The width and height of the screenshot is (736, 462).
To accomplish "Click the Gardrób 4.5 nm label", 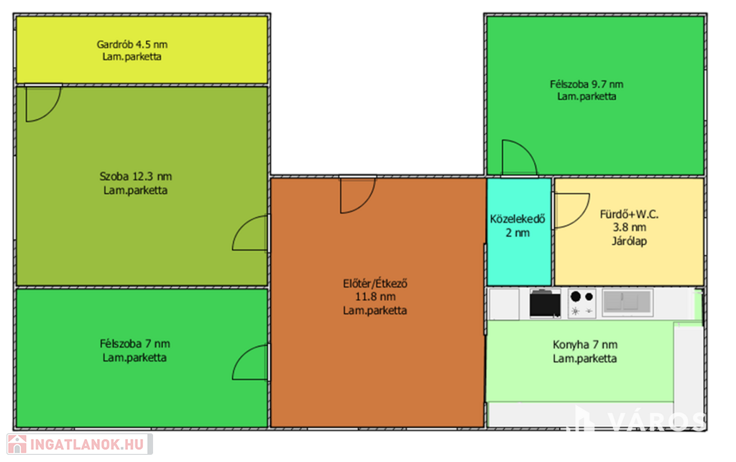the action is [132, 45].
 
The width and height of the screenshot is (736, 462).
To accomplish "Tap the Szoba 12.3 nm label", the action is [136, 176].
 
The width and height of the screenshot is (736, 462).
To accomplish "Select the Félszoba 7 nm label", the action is [134, 343].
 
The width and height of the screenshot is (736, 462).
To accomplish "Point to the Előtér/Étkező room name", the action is [375, 283].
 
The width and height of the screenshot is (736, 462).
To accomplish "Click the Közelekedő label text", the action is [517, 219].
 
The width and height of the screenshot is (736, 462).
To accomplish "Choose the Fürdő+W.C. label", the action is [629, 214].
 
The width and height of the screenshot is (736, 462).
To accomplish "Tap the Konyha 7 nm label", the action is [585, 345].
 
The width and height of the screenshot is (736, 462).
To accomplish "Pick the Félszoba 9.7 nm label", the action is [586, 85].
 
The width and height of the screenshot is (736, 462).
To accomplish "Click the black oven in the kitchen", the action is [545, 303].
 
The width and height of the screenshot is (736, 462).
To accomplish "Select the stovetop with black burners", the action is [582, 303].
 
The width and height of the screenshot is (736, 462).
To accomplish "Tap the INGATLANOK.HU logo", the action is [80, 444].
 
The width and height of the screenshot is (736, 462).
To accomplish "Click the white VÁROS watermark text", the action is [657, 421].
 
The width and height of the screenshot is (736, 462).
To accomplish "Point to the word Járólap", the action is [629, 241].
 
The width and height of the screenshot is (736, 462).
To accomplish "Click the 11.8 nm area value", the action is [375, 297].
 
